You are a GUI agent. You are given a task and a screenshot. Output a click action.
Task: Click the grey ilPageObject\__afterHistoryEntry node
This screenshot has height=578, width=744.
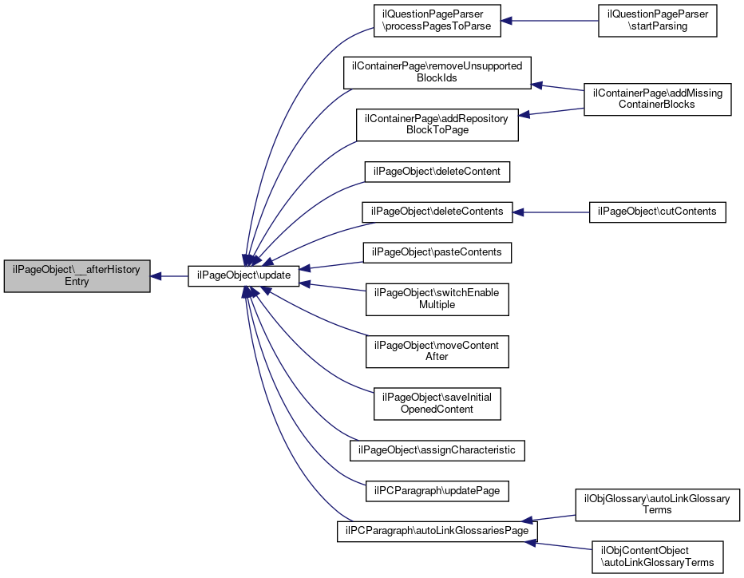tap(77, 276)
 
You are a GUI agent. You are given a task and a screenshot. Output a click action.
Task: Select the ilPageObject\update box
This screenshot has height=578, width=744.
tap(243, 276)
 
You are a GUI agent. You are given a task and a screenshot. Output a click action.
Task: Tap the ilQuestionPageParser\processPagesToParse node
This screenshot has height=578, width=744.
tap(437, 20)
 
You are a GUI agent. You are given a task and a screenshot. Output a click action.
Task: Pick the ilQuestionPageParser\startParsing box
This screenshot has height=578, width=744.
tap(658, 20)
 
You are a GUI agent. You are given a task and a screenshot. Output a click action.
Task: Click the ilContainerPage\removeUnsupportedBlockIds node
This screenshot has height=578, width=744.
tap(437, 73)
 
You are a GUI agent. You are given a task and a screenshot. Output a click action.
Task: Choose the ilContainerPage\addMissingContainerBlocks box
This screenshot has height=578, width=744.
tap(657, 99)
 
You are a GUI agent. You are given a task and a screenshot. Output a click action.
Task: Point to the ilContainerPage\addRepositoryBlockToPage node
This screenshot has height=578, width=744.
tap(437, 124)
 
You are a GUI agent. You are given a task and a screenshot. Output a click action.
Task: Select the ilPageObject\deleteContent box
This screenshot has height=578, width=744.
tap(437, 172)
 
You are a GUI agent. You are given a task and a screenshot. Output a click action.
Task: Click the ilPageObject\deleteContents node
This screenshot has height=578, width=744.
tap(437, 212)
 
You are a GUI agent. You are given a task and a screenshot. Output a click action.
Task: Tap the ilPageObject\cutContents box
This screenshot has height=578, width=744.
tap(657, 212)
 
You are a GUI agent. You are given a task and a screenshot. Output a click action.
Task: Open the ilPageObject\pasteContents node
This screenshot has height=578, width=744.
tap(437, 252)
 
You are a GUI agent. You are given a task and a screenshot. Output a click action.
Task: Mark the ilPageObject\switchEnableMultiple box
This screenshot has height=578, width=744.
tap(437, 299)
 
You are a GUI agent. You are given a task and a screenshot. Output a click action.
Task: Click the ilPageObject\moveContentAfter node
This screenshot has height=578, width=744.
tap(437, 350)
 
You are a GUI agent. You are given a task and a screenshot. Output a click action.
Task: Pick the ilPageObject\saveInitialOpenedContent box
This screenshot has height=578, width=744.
tap(437, 403)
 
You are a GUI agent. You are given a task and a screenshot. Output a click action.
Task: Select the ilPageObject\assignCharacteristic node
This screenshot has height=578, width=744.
tap(437, 450)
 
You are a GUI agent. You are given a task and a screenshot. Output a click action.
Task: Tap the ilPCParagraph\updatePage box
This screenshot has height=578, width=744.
tap(437, 490)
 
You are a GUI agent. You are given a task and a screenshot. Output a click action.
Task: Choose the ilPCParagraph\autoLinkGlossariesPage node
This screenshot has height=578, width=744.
tap(437, 531)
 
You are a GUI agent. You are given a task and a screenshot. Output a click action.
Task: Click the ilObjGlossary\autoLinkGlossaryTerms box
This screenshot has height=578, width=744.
tap(657, 505)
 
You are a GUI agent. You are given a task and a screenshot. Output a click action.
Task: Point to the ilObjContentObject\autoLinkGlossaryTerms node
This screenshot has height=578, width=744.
tap(657, 556)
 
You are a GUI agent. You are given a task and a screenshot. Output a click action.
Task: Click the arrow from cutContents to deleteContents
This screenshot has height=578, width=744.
tap(551, 212)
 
